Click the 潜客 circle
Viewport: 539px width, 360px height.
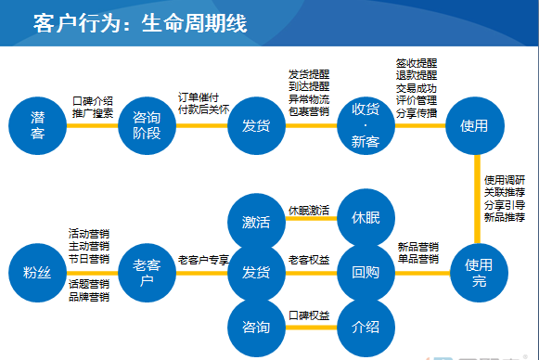(x=38, y=126)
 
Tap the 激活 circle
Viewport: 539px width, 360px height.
(x=256, y=222)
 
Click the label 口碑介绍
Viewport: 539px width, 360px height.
(x=93, y=101)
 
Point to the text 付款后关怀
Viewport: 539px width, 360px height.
(x=202, y=109)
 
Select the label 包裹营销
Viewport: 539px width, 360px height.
(x=309, y=111)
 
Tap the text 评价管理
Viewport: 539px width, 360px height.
(x=417, y=99)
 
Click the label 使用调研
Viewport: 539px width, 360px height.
(x=505, y=179)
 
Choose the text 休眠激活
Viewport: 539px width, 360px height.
(x=309, y=211)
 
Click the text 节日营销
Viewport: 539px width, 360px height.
(x=89, y=259)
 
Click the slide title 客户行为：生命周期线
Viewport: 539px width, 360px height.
(x=139, y=23)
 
